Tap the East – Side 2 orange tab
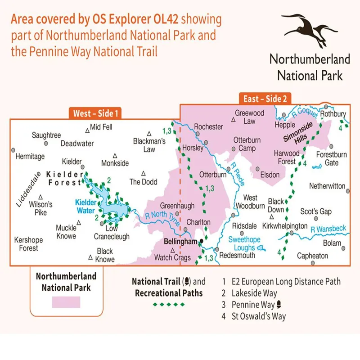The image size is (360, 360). coord(265,99)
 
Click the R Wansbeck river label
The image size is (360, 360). coord(328,229)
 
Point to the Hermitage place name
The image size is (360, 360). coord(30,157)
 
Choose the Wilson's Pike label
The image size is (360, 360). coord(40,208)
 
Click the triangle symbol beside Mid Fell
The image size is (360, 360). coord(87,130)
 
